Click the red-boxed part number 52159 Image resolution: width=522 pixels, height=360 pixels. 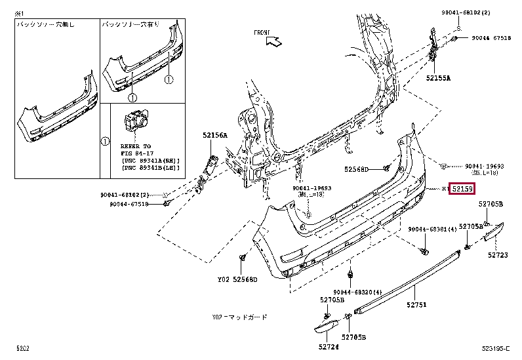pos(461,189)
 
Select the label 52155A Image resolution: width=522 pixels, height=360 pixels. pos(437,78)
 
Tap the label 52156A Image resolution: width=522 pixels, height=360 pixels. pos(214,135)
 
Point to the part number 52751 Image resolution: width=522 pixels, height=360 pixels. pos(415,305)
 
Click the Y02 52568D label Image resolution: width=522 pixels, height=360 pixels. pos(237,280)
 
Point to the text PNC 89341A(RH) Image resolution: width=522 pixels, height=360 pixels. pos(150,160)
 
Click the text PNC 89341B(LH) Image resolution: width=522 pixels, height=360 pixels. pos(150,168)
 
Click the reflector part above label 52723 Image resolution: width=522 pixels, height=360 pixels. pos(494,232)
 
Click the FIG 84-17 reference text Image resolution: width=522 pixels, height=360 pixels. pos(135,153)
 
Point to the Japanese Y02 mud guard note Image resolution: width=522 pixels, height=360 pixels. pos(240,317)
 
